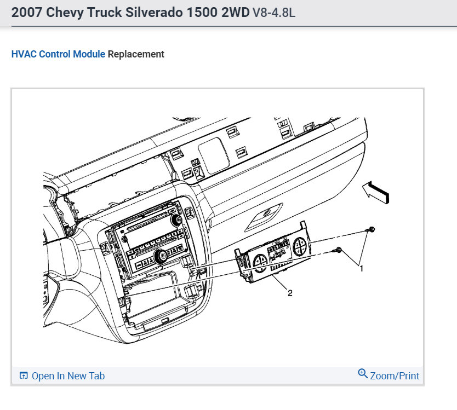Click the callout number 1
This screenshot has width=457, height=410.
362,268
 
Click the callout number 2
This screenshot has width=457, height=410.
290,293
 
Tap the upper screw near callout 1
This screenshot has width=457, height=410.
371,229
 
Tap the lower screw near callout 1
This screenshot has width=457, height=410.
338,250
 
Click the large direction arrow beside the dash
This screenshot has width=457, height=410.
376,193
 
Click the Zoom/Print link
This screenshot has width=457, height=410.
395,376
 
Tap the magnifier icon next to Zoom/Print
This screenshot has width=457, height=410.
363,374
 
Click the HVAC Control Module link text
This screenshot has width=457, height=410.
58,54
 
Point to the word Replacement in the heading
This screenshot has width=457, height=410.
136,54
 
